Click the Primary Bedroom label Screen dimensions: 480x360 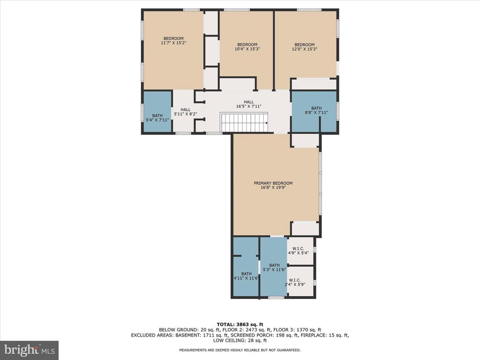[x=273, y=185]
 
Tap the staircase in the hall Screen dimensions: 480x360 [x=244, y=122]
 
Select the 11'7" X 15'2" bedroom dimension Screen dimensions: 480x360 [x=173, y=43]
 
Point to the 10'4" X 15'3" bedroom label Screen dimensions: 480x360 [x=247, y=46]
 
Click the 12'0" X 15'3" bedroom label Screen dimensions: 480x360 [x=304, y=46]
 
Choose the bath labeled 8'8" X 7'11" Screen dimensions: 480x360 [x=316, y=110]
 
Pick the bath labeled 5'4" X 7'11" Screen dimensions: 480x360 [x=157, y=118]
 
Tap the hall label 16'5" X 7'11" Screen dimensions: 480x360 [x=248, y=104]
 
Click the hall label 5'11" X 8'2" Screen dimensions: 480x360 [x=186, y=112]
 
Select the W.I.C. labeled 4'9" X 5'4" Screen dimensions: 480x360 [x=298, y=251]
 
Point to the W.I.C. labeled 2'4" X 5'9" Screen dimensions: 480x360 [x=294, y=282]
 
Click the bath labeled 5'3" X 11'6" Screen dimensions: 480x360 [x=274, y=267]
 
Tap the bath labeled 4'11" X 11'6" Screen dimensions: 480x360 [x=247, y=276]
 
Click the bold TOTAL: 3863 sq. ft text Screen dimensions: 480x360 [x=240, y=324]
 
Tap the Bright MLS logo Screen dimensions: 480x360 [x=30, y=350]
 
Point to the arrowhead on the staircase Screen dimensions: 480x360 [x=267, y=123]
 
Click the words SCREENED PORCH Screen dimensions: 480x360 [x=250, y=335]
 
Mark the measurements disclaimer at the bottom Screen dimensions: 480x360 [x=240, y=350]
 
